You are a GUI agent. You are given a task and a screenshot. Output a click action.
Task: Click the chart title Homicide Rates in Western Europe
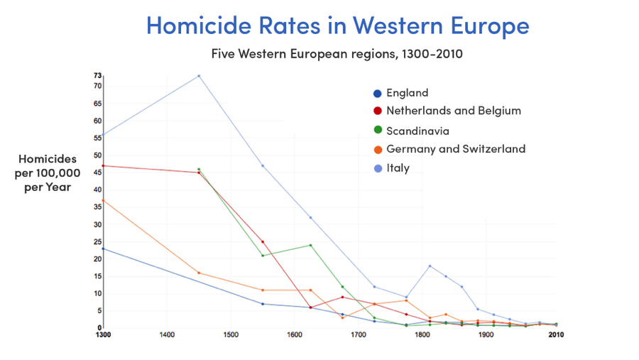click(x=337, y=26)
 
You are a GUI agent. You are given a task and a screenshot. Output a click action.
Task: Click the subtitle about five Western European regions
click(x=337, y=54)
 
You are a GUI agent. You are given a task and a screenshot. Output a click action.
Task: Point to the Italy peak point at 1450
click(x=199, y=76)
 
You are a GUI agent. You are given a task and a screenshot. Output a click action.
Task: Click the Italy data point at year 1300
click(x=103, y=135)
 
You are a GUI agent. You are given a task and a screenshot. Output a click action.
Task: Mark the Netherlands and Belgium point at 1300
click(x=103, y=165)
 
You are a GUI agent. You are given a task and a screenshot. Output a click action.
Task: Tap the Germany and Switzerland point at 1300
click(x=103, y=200)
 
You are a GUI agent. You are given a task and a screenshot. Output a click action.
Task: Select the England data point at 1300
click(x=103, y=249)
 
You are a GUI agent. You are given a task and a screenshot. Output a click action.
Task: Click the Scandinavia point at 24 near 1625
click(x=310, y=245)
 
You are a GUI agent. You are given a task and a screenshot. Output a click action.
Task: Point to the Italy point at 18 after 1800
click(x=430, y=266)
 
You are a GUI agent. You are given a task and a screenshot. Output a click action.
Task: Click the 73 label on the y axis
click(x=97, y=75)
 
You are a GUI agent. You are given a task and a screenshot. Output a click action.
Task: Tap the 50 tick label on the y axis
click(x=97, y=156)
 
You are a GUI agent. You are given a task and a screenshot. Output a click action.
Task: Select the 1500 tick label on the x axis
click(x=231, y=334)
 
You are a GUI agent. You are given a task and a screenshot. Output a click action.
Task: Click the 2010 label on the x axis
click(x=556, y=334)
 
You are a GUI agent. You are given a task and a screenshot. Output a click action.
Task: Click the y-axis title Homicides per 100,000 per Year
click(x=48, y=173)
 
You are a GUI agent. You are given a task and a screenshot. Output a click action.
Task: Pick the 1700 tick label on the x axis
click(x=359, y=334)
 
